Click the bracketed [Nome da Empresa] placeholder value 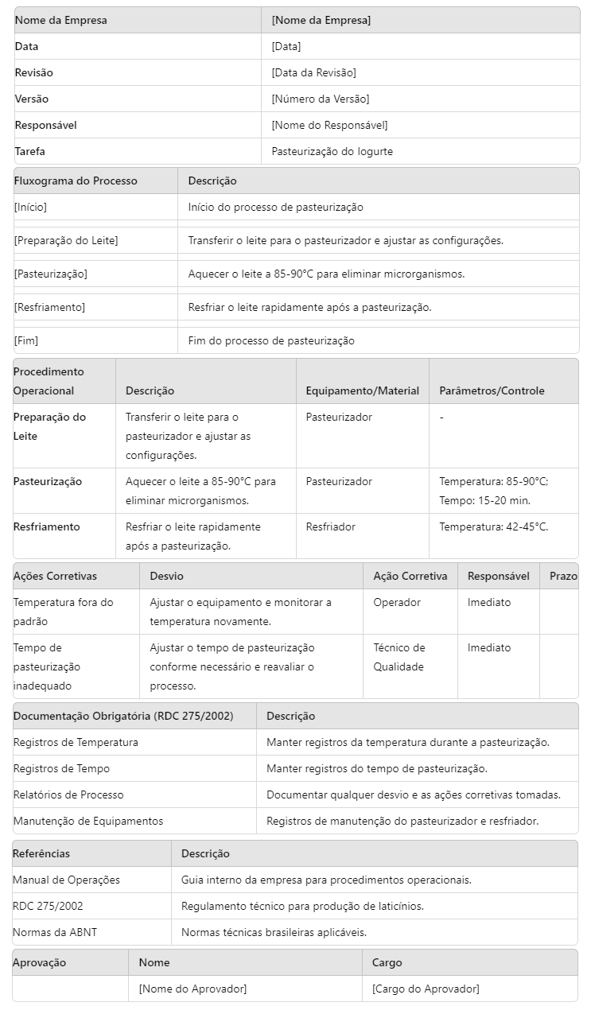(321, 20)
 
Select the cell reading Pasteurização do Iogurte (332, 151)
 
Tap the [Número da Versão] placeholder (320, 99)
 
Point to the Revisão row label (34, 72)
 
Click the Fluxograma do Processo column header (76, 181)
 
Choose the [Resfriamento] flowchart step (49, 307)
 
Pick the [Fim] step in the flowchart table (26, 340)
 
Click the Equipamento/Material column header (362, 390)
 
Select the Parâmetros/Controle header (492, 390)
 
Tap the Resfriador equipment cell (330, 526)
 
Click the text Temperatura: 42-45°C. (493, 526)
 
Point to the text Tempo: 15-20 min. (484, 500)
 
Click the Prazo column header (563, 576)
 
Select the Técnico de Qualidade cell (399, 657)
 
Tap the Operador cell (397, 602)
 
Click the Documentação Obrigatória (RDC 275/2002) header (123, 716)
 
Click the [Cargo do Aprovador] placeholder (426, 989)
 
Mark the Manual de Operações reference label (66, 880)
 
